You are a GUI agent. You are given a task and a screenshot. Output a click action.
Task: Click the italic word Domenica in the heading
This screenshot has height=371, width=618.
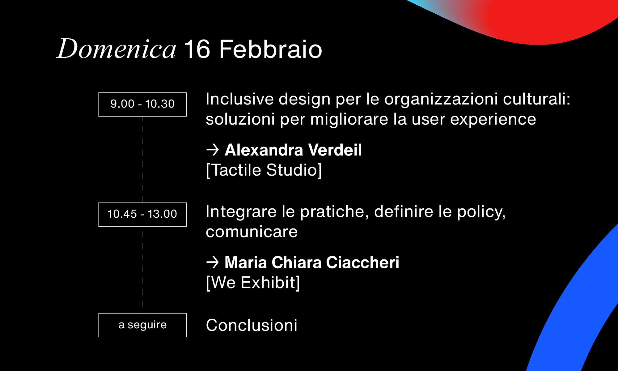(116, 49)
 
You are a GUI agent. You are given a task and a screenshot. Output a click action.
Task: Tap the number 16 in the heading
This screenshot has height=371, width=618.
(198, 49)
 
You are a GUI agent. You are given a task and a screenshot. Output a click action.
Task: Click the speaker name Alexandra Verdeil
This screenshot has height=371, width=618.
(293, 150)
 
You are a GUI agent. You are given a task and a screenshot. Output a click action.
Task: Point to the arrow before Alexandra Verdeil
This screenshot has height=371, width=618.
(213, 150)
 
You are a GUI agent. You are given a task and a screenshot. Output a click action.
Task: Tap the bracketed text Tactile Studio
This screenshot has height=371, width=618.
(264, 170)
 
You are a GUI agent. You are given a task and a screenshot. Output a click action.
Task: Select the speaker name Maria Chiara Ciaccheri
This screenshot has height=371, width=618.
(312, 262)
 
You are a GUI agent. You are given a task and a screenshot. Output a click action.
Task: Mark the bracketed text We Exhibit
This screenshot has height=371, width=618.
(253, 283)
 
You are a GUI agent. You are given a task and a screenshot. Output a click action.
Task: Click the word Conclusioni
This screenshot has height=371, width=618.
(252, 325)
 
